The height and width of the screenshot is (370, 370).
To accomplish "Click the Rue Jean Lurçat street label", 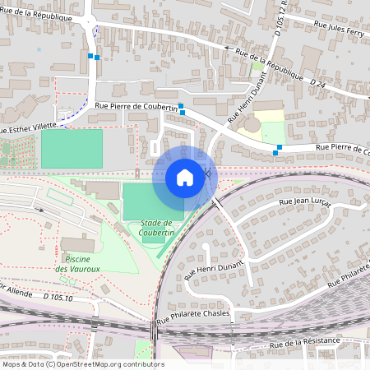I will tap(309, 201).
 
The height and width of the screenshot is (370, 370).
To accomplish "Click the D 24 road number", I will tap(318, 83).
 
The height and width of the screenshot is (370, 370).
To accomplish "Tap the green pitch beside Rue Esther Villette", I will tap(72, 149).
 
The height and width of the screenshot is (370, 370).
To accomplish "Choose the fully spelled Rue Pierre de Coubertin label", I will tap(136, 106).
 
